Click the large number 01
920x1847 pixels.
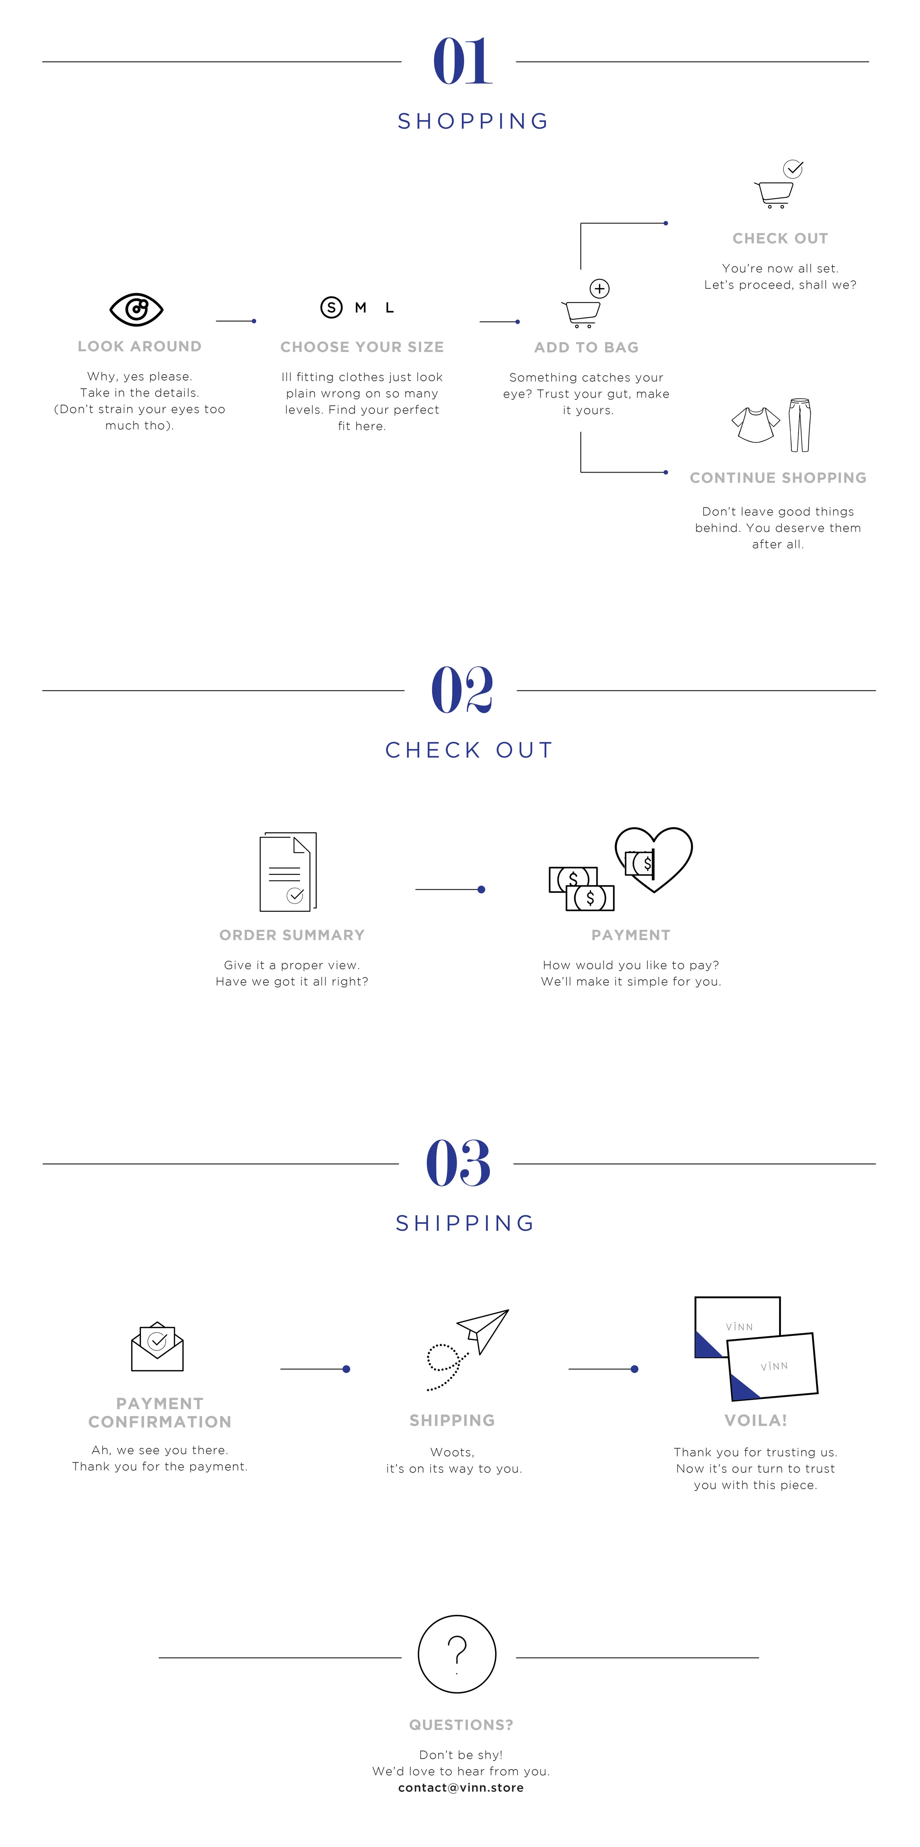click(x=463, y=62)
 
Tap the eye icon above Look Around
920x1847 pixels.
click(x=136, y=309)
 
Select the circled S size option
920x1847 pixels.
click(x=331, y=308)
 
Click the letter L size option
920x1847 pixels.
click(x=389, y=308)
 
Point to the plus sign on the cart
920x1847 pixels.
click(x=599, y=289)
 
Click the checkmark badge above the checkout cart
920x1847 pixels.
click(x=793, y=169)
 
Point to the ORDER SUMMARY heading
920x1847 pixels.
click(x=292, y=935)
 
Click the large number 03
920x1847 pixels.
click(x=458, y=1163)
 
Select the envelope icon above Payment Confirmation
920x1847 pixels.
click(x=157, y=1346)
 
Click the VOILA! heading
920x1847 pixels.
click(x=756, y=1420)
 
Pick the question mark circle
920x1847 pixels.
click(x=457, y=1654)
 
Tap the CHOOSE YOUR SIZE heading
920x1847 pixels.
click(x=362, y=347)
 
